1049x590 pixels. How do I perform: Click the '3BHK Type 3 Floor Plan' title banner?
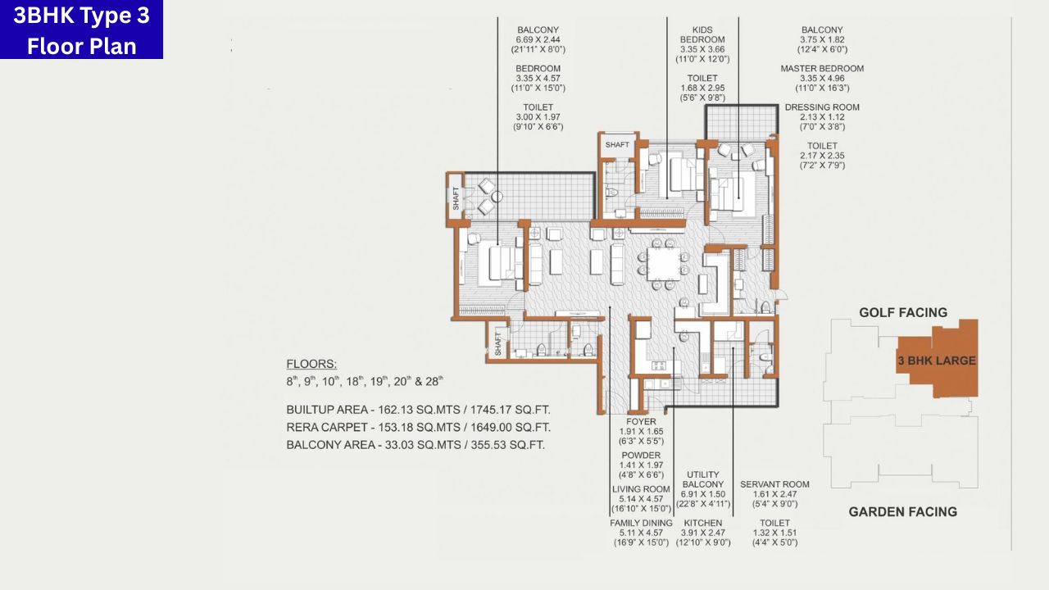tap(81, 30)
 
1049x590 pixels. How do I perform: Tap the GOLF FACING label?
tap(902, 312)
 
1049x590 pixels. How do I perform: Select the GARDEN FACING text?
tap(902, 511)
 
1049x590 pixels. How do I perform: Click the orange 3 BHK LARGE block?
tap(937, 360)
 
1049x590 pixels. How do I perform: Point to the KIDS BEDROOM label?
tap(702, 34)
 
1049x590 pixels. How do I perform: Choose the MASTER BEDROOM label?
tap(822, 69)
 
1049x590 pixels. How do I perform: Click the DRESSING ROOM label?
tap(822, 107)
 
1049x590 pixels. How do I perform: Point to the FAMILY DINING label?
tap(641, 523)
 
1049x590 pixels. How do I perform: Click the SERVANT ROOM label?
tap(774, 484)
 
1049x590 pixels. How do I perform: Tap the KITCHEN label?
tap(702, 523)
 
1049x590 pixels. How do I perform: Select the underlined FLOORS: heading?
tap(311, 365)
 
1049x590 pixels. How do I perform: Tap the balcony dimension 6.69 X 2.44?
tap(538, 40)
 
